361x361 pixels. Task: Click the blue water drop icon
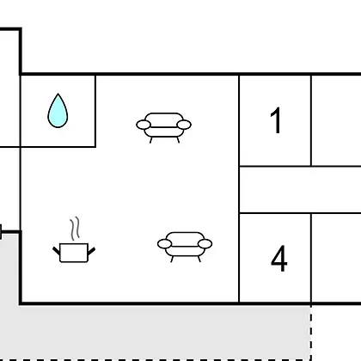tap(58, 111)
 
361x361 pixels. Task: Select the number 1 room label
tap(276, 120)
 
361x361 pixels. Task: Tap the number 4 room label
tap(279, 259)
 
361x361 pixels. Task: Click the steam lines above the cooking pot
tap(75, 229)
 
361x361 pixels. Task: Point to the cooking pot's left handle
tap(56, 251)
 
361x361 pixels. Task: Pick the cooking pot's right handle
tap(91, 251)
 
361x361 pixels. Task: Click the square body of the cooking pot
tap(74, 253)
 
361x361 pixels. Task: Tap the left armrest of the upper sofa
tap(144, 125)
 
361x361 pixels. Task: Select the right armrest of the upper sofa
tap(184, 125)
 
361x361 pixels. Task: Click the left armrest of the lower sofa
tap(164, 244)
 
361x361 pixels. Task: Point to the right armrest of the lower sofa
tap(205, 244)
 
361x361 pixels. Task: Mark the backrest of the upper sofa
tap(164, 119)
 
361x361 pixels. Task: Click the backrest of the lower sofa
tap(185, 239)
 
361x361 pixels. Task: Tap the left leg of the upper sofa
tap(151, 140)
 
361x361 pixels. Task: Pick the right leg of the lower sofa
tap(199, 259)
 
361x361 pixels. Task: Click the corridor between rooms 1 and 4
tap(300, 189)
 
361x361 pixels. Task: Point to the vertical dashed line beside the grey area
tap(311, 332)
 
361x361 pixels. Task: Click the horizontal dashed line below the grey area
tap(156, 359)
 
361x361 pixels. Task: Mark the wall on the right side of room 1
tap(311, 120)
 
